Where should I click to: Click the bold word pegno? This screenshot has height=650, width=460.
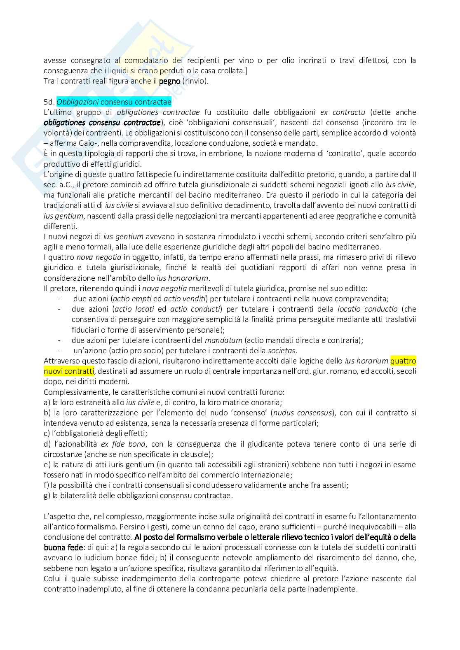[x=169, y=81]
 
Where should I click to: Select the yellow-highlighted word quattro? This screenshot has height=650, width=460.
[x=403, y=361]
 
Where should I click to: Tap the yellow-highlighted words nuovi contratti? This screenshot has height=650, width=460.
[x=69, y=371]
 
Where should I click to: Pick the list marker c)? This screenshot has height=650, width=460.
[x=47, y=433]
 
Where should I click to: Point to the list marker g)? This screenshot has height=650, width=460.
[x=47, y=496]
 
